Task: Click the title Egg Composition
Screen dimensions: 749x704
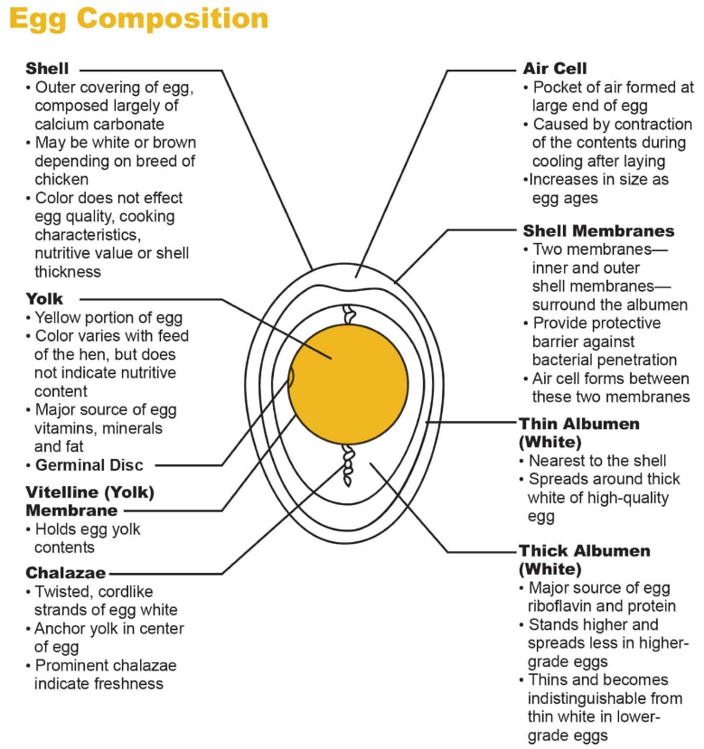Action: (138, 19)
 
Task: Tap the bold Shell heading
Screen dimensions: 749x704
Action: (47, 69)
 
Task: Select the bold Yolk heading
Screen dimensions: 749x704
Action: (44, 298)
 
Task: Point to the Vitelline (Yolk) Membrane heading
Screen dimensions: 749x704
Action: (89, 501)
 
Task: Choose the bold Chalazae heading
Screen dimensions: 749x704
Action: (65, 573)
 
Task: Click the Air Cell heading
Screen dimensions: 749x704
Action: (554, 69)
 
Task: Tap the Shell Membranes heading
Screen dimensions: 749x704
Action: (598, 230)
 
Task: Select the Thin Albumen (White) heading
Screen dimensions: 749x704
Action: (578, 432)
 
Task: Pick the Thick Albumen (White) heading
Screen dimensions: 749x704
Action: (584, 559)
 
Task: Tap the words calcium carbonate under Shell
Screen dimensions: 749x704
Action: (99, 125)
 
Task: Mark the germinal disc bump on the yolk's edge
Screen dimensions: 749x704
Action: (291, 378)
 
